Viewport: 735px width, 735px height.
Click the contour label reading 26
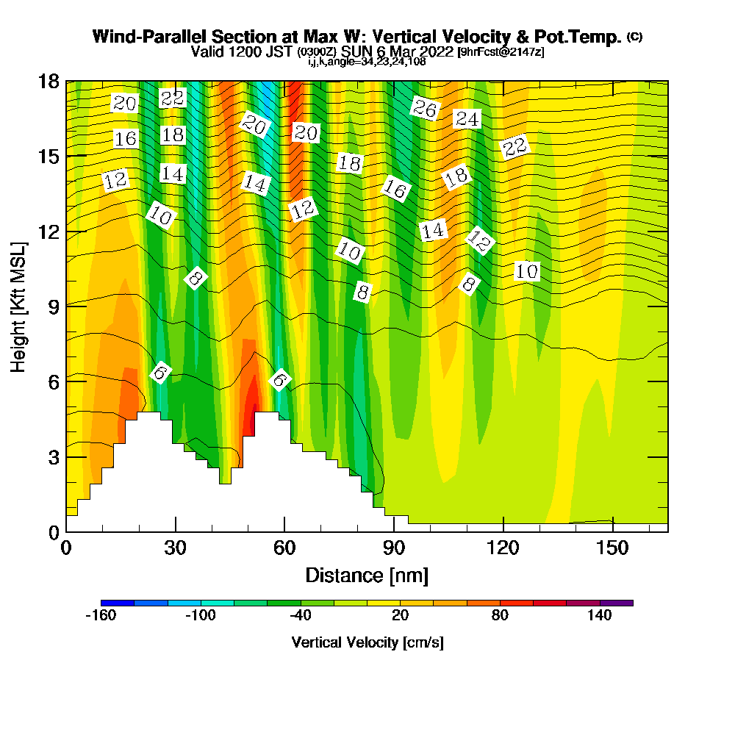tap(424, 109)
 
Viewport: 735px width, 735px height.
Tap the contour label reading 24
tap(467, 118)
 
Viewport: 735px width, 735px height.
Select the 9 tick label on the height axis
tap(53, 306)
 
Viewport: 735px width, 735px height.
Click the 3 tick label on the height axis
tap(53, 456)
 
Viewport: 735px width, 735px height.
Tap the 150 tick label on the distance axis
tap(612, 548)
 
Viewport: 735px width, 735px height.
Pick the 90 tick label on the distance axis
tap(394, 548)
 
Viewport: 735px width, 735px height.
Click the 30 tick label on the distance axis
tap(175, 548)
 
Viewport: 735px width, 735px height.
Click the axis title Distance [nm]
tap(367, 575)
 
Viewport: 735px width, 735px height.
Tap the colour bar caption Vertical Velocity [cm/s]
tap(367, 642)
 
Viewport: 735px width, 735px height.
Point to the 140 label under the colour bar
tap(600, 616)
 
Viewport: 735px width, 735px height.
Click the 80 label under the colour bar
tap(500, 616)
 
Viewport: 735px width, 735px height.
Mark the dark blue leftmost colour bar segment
tap(118, 603)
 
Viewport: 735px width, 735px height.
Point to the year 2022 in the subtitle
tap(436, 51)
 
